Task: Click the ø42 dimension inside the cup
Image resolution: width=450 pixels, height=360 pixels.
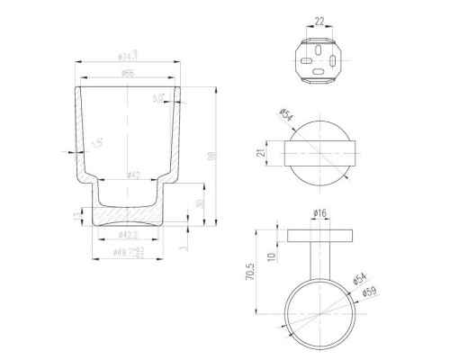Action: click(132, 174)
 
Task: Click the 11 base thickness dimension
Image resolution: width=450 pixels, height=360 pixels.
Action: click(75, 216)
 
